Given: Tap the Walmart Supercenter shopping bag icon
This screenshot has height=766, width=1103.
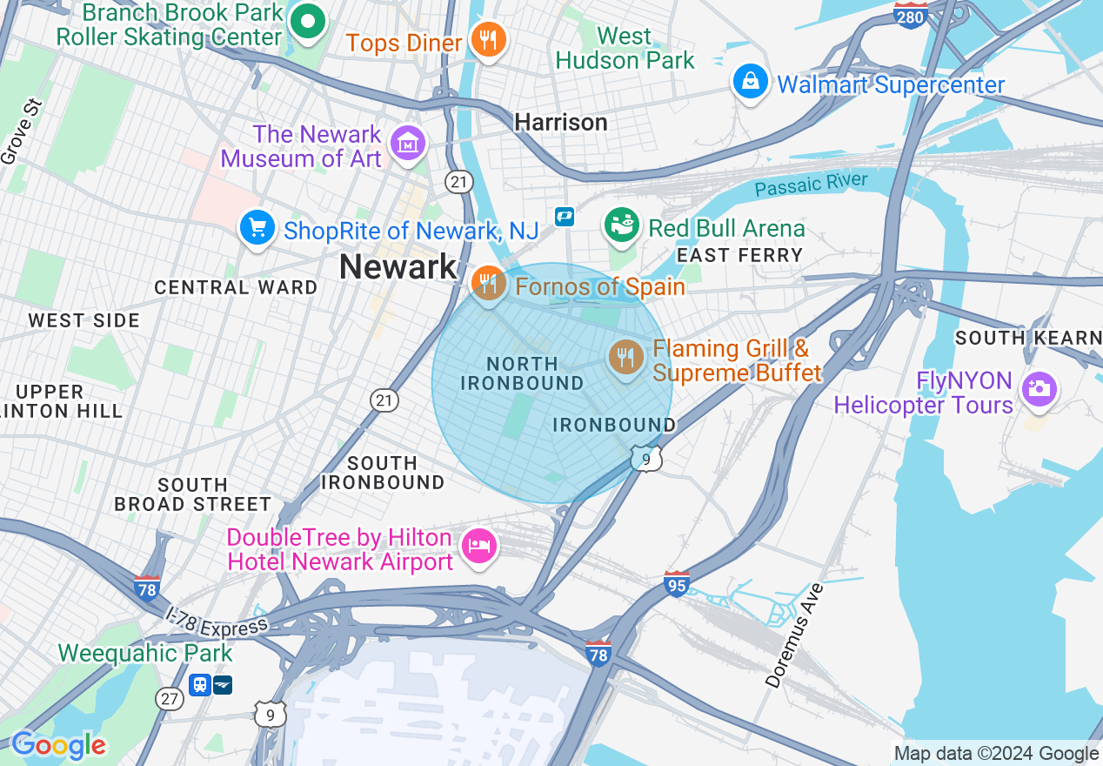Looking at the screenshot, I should coord(749,83).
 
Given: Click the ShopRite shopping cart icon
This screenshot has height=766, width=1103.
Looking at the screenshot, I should coord(257,229).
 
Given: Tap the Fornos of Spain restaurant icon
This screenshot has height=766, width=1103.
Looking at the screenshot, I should coord(489,284).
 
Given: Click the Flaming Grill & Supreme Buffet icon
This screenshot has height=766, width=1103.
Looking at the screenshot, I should coord(625,357).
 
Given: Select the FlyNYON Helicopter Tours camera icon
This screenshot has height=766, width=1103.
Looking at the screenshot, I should coord(1039,389).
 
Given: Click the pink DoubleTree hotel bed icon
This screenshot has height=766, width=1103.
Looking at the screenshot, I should coord(479,546).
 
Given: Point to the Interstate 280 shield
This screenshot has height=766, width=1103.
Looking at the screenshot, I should coord(910,15).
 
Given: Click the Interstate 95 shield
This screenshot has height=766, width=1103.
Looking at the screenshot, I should coord(676,584).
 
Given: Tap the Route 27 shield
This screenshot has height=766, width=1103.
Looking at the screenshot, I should coord(170,698).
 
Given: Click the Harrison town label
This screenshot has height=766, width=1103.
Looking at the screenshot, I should coord(561,123).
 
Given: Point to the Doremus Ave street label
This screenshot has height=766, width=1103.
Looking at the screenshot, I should coord(794,636).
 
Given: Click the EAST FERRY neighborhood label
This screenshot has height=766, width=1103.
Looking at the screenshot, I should coord(739,255).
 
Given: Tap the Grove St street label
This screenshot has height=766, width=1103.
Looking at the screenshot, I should coord(22,132).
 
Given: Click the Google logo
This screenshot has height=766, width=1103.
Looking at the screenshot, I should coord(58,745).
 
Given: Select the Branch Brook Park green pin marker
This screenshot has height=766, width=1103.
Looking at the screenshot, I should coord(306,23).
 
